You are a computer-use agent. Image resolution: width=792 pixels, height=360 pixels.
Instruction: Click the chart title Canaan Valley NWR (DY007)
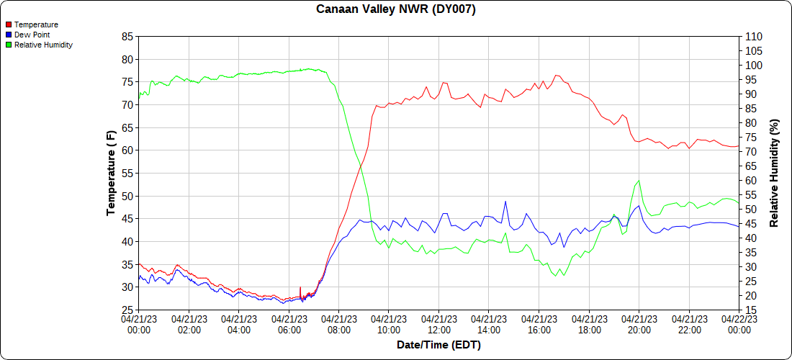[x=396, y=9]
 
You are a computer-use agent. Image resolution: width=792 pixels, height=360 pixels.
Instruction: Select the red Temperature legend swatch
[x=8, y=24]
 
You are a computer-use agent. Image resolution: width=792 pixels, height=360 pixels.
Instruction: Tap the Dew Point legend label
[x=32, y=35]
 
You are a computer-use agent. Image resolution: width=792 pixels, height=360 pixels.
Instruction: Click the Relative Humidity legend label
[x=43, y=45]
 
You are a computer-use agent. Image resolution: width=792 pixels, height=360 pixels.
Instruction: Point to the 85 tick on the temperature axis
[x=128, y=37]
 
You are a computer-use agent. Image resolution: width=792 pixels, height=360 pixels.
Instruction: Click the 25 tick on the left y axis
[x=128, y=310]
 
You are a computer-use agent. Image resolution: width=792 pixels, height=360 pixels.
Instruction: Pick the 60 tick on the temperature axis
[x=128, y=150]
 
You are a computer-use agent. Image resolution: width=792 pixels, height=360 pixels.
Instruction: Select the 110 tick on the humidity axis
[x=753, y=37]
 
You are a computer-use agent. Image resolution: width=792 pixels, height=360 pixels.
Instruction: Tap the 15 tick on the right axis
[x=750, y=310]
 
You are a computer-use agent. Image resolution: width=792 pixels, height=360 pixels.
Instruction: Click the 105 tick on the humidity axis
[x=753, y=51]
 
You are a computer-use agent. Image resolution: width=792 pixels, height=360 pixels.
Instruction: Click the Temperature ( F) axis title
[x=111, y=173]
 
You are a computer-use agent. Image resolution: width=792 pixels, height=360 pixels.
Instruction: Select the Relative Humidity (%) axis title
[x=775, y=173]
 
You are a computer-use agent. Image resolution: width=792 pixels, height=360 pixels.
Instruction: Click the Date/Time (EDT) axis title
[x=438, y=345]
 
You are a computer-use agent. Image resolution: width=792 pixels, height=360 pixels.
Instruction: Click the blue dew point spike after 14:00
[x=505, y=202]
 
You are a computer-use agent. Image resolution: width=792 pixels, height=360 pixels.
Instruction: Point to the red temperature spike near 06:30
[x=300, y=288]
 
